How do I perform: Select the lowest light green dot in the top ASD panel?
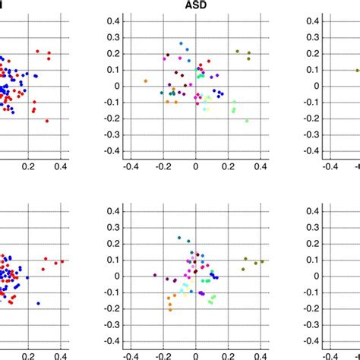247,121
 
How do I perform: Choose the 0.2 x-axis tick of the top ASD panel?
228,166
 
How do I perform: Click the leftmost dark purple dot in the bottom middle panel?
155,275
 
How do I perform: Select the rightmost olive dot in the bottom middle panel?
262,261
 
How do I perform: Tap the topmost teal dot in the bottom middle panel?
179,238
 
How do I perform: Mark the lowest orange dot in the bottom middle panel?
170,309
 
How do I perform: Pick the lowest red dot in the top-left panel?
46,121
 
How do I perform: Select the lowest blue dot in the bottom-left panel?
38,303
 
